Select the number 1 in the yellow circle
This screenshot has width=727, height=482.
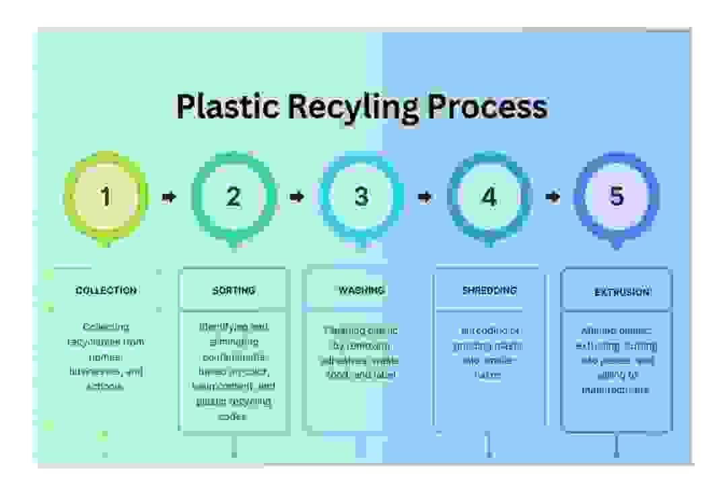pos(106,197)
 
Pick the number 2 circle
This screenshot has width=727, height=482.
pos(233,197)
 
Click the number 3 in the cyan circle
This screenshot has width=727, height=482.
pos(361,197)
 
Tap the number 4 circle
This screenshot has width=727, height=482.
pos(489,197)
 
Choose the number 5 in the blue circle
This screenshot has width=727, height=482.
pos(617,196)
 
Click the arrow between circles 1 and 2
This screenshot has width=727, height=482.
pos(169,197)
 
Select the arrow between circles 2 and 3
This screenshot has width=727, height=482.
pos(296,197)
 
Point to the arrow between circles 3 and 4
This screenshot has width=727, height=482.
pos(425,197)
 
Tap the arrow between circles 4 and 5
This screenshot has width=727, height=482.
pos(553,197)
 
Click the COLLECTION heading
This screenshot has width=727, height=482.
pos(106,291)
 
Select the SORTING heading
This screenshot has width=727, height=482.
pos(234,291)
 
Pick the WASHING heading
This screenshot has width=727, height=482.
pos(361,291)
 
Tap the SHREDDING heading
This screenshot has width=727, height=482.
pos(489,291)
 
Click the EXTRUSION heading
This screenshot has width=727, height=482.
pos(622,293)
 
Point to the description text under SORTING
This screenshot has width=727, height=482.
pos(234,372)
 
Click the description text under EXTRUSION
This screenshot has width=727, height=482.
pos(617,360)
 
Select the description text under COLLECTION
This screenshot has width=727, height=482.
pos(106,357)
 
